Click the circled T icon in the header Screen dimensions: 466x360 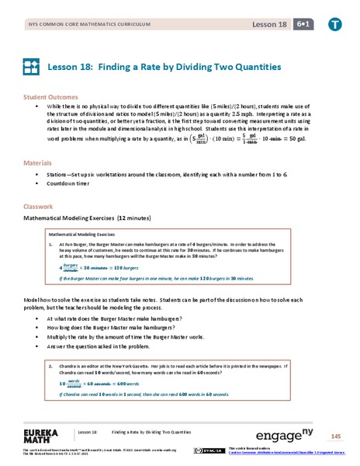click(334, 25)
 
